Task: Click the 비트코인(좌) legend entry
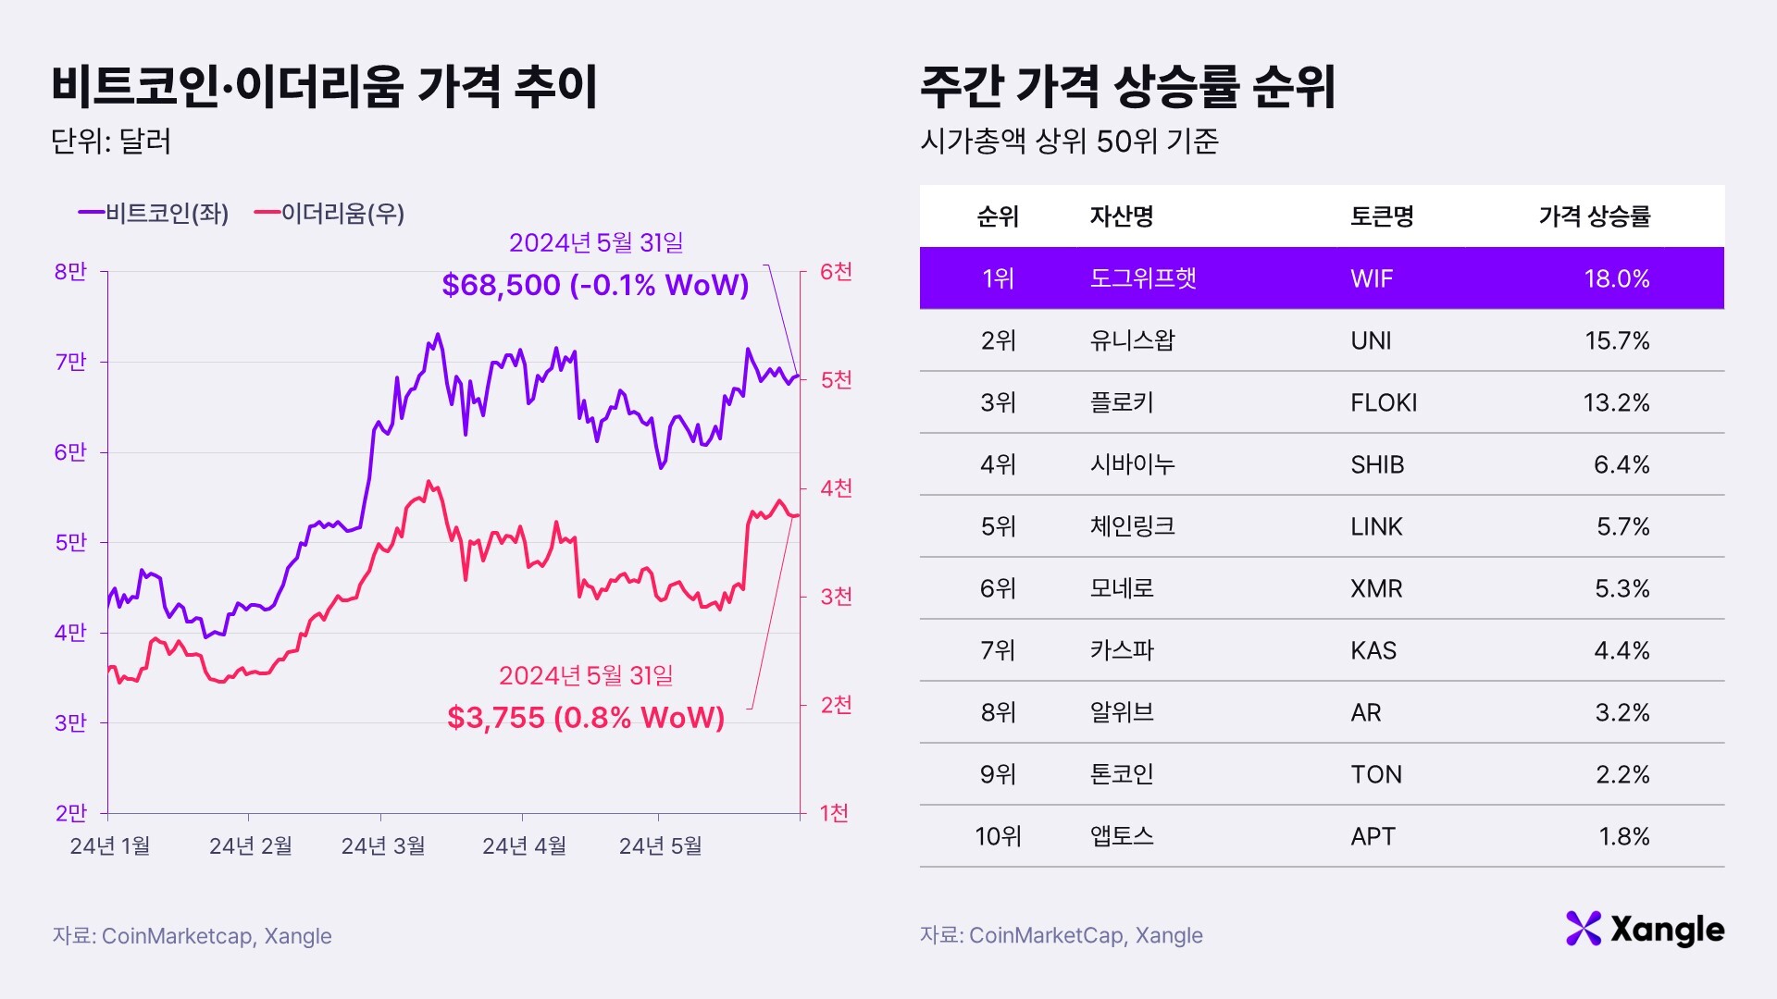[154, 214]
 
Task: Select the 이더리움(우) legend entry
[329, 214]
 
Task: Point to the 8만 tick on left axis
[70, 272]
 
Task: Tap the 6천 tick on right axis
[836, 272]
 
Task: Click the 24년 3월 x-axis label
[383, 845]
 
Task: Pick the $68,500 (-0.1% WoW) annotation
[595, 285]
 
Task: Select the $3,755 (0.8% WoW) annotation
[586, 717]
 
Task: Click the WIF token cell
[1371, 278]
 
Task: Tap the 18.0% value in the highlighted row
[1616, 278]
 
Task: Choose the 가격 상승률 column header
[1594, 216]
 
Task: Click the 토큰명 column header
[1382, 216]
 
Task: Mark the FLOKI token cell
[1384, 402]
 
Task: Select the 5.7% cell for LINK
[1622, 526]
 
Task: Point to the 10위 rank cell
[998, 836]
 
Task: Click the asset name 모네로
[1122, 588]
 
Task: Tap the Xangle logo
[1645, 929]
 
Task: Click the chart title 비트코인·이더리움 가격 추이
[324, 87]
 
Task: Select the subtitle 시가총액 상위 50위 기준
[1069, 142]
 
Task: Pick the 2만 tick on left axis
[70, 813]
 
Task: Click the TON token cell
[1375, 774]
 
